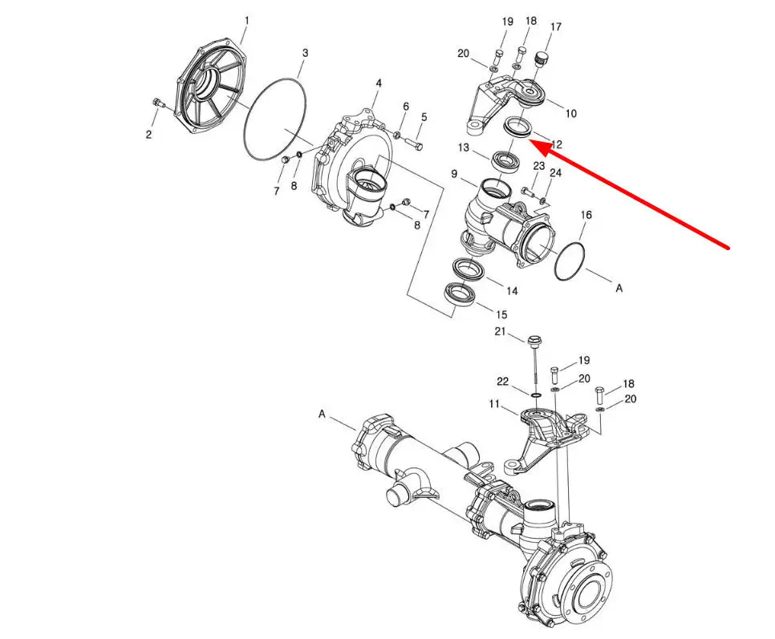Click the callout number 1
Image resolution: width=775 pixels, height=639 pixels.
[x=246, y=21]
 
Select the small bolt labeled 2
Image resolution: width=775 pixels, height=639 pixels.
[x=158, y=103]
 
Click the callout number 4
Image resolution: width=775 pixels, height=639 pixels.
[x=379, y=83]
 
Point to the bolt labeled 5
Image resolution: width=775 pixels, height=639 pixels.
[x=413, y=144]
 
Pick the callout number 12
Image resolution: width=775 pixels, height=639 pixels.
[x=556, y=144]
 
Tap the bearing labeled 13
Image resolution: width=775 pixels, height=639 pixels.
[x=505, y=160]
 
